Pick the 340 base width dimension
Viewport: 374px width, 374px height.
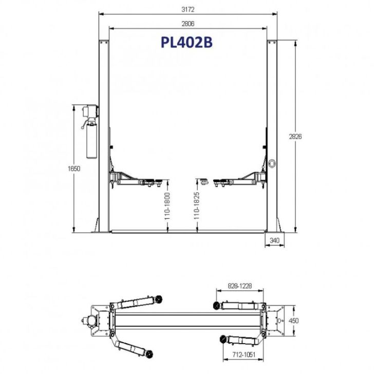[x=274, y=240]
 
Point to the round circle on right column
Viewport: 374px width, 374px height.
[x=271, y=163]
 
